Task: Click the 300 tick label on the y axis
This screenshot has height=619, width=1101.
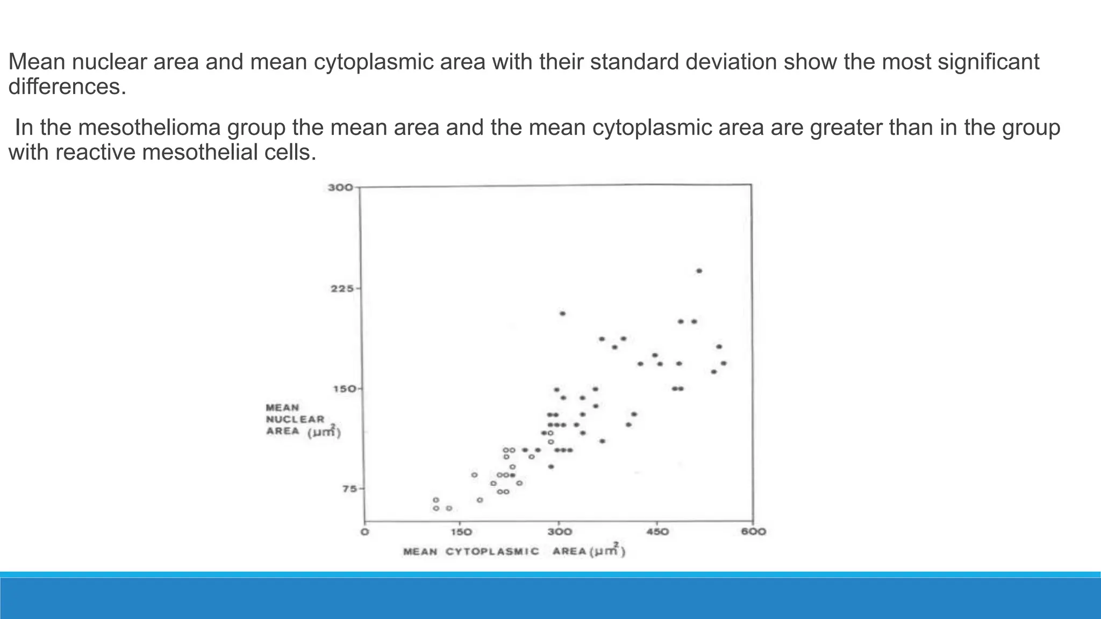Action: [340, 188]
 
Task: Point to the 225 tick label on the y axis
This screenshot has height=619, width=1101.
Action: [342, 289]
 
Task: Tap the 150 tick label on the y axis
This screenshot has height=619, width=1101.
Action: [342, 388]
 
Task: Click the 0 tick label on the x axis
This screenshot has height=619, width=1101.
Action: [364, 532]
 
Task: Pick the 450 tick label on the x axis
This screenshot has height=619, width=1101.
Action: [657, 532]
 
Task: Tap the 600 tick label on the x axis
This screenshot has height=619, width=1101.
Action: [754, 532]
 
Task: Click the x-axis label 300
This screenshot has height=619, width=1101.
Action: [559, 532]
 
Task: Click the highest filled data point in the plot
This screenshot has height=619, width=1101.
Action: [699, 271]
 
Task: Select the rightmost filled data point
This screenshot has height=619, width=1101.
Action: [724, 363]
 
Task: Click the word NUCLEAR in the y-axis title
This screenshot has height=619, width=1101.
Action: [295, 419]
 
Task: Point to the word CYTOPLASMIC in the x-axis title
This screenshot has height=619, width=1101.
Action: [492, 552]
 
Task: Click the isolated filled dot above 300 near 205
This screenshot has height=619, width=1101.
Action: [562, 313]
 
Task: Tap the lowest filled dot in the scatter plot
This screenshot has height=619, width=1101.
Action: [550, 466]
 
